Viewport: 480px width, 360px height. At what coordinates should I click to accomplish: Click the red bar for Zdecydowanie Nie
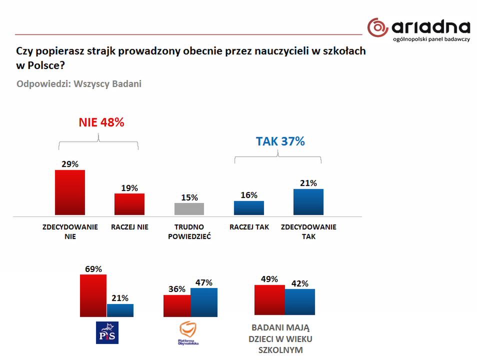69,192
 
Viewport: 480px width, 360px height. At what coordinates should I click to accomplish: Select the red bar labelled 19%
129,204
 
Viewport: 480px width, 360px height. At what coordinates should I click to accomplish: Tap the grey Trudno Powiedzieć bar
189,209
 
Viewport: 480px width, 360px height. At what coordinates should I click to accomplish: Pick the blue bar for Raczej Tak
249,208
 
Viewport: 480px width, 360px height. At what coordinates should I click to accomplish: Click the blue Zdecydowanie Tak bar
308,202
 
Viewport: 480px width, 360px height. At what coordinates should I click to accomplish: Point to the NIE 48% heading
101,122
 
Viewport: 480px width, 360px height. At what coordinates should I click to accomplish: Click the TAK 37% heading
280,141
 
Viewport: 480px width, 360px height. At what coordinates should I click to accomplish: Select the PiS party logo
107,333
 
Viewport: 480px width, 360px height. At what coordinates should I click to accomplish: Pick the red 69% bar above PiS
93,295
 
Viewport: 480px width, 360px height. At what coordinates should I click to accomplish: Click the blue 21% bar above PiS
120,310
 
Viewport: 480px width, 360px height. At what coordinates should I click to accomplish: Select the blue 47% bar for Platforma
204,302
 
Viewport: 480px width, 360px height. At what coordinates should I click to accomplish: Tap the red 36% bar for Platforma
177,305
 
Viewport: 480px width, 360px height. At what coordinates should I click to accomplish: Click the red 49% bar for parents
269,300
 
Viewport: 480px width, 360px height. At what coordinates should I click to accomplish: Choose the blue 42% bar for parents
300,302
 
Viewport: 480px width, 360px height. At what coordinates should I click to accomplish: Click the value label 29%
70,164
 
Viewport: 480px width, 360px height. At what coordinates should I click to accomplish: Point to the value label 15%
189,197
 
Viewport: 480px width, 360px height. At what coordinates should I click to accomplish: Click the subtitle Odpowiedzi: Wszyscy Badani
79,83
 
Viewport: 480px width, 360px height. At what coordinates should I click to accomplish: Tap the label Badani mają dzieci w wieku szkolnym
280,339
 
